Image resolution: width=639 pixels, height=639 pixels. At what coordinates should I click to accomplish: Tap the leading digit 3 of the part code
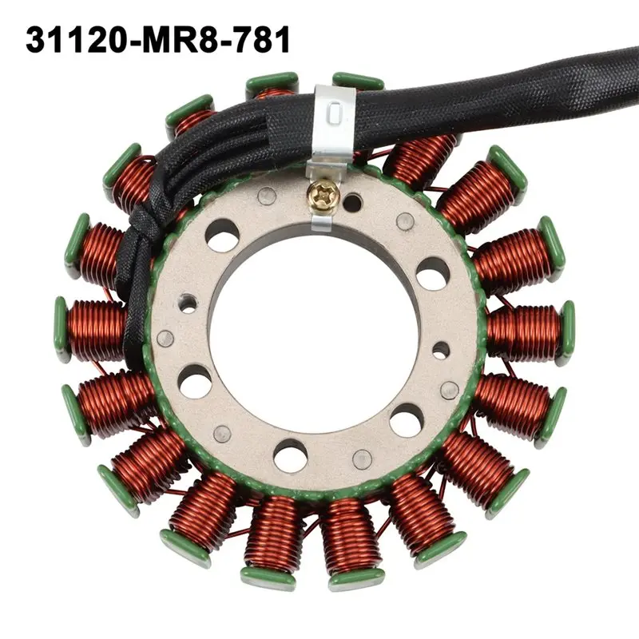click(x=35, y=39)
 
